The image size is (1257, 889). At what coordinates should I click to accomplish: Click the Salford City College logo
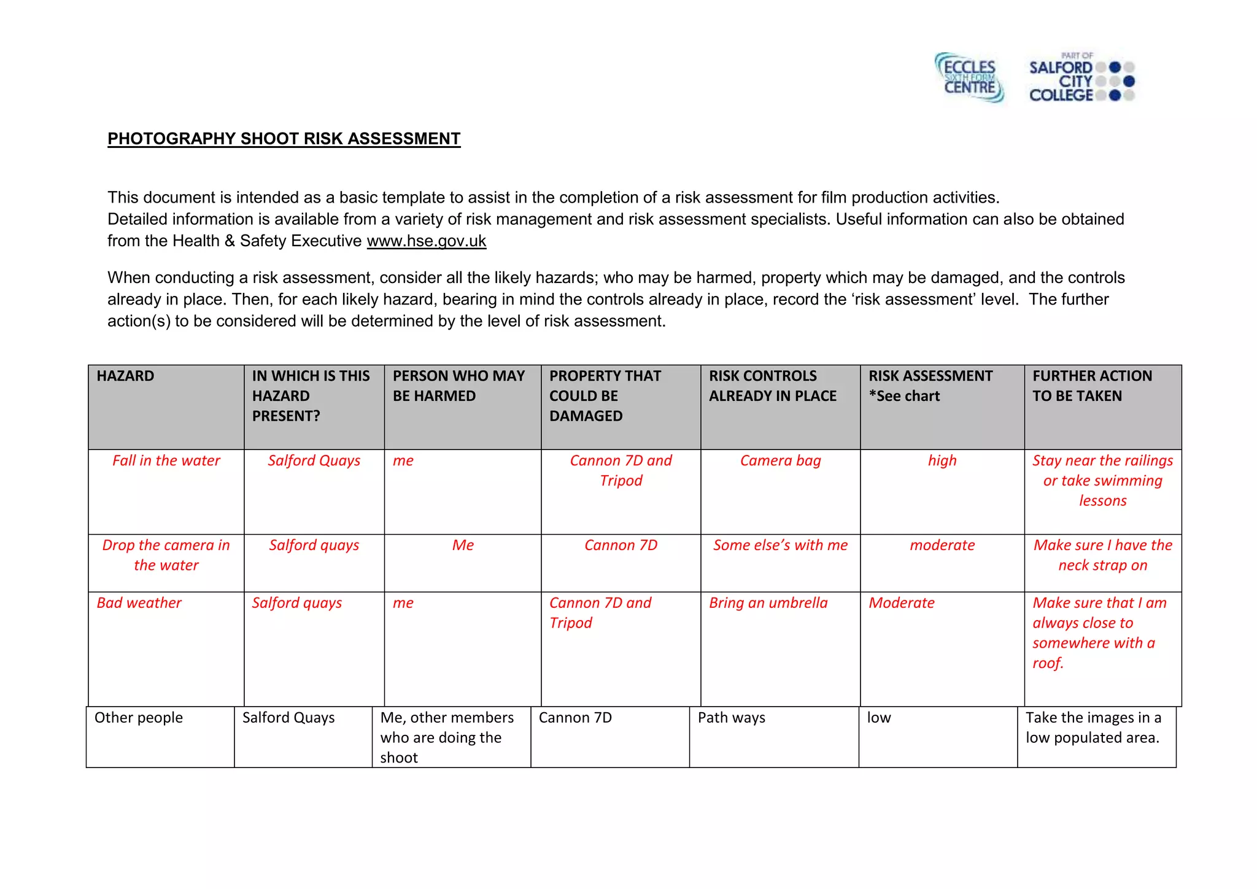click(x=1081, y=79)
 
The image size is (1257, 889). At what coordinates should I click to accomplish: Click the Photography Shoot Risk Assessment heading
click(x=284, y=139)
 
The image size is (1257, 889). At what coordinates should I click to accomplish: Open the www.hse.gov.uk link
click(x=426, y=241)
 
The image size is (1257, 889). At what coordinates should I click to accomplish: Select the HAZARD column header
click(x=126, y=376)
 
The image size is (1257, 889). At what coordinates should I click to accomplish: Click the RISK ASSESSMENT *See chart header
click(x=930, y=386)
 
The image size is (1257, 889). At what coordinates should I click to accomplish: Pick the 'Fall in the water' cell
click(x=166, y=460)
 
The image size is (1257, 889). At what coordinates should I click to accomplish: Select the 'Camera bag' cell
click(x=780, y=460)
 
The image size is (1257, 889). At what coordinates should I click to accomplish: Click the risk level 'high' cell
click(x=942, y=460)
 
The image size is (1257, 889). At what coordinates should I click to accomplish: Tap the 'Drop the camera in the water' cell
click(x=166, y=555)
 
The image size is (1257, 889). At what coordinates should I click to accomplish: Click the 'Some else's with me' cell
click(x=780, y=545)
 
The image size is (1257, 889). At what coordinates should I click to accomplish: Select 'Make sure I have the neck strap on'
click(x=1102, y=555)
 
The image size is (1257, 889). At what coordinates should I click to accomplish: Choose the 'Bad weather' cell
click(x=139, y=603)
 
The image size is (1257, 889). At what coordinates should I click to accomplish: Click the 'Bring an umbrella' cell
click(x=768, y=603)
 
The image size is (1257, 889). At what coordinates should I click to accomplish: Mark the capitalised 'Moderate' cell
click(x=901, y=603)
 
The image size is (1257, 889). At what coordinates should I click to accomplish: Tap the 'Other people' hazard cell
click(x=139, y=718)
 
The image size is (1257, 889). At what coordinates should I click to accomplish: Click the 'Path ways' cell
click(x=731, y=718)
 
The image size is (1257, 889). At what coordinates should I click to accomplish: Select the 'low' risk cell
click(x=878, y=718)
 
